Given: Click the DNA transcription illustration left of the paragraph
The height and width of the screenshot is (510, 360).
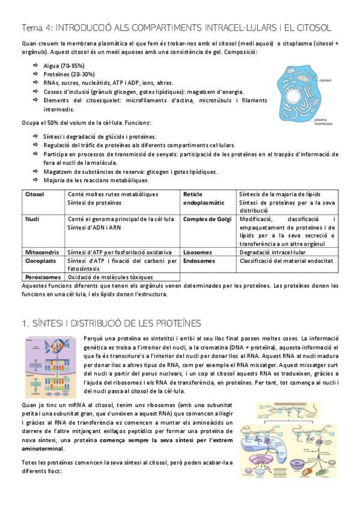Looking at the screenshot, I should (x=50, y=369).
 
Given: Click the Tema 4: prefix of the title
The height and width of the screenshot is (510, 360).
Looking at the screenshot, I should (x=39, y=28).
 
